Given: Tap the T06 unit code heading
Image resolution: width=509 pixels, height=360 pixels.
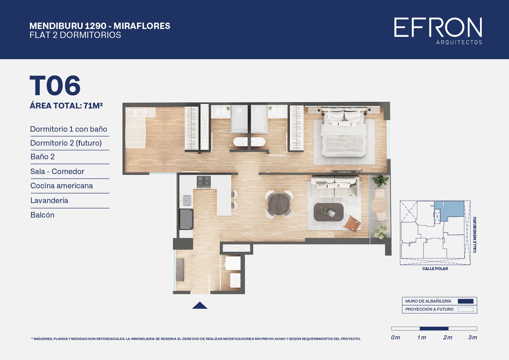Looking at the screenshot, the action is [x=55, y=86].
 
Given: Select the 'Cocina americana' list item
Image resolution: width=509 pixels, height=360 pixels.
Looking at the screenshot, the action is [x=62, y=186].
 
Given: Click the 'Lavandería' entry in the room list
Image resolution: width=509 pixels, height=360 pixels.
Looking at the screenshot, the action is [x=49, y=200].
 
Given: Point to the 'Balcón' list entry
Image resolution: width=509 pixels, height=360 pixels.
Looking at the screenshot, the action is [x=43, y=215].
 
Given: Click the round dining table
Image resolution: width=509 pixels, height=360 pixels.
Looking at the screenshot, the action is [x=279, y=204].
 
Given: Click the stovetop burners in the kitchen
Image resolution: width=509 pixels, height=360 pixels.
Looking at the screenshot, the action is [x=204, y=182].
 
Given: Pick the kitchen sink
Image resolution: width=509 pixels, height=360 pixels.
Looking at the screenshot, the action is [x=187, y=201].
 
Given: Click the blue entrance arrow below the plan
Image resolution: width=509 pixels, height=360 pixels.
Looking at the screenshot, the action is [x=200, y=305].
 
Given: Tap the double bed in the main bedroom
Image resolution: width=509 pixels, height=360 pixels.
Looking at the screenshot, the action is [x=344, y=133].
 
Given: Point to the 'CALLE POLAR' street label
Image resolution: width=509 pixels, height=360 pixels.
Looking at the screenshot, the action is [x=435, y=269].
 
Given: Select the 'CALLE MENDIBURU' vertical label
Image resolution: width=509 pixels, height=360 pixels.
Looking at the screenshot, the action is [x=475, y=235].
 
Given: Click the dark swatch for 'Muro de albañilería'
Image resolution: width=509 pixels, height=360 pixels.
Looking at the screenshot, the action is [x=466, y=301].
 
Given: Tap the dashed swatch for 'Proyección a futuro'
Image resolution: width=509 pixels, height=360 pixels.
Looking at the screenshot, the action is [x=466, y=309].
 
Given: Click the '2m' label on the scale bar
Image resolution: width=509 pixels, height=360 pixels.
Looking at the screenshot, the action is [x=448, y=337].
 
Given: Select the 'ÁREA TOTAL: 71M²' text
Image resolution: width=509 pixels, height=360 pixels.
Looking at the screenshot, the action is [x=66, y=106].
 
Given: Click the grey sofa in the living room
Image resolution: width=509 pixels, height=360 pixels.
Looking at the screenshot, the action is [x=334, y=187].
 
